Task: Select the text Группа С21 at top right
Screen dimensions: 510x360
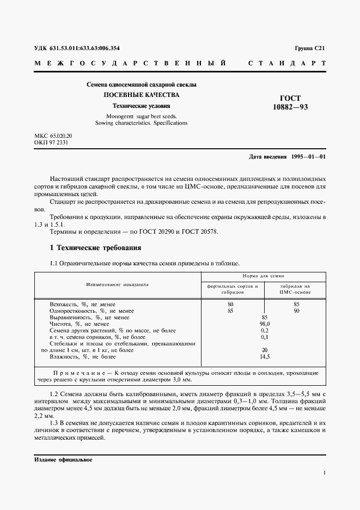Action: click(310, 48)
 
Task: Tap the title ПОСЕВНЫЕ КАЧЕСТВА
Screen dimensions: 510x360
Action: click(142, 95)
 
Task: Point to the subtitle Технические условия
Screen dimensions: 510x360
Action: click(142, 106)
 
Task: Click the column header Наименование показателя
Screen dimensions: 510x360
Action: click(118, 284)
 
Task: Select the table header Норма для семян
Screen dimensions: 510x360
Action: click(264, 276)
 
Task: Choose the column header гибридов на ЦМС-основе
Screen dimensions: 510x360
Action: click(295, 289)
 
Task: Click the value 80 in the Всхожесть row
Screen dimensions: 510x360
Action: click(231, 303)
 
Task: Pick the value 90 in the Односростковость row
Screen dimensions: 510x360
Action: click(296, 311)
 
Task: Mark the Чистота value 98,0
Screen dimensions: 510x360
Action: click(265, 324)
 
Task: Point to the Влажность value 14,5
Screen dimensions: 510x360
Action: click(265, 356)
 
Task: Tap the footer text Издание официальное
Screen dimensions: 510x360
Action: click(63, 460)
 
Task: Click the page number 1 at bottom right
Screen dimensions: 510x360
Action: click(324, 474)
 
